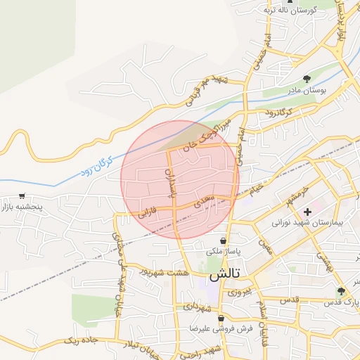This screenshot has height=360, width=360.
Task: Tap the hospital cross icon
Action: coord(307,211)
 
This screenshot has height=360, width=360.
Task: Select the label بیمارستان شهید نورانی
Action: coord(307,222)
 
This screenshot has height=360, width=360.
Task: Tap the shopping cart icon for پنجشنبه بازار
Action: coord(23,196)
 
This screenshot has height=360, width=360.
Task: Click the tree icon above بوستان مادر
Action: coord(306,79)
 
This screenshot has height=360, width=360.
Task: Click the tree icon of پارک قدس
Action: coord(341,291)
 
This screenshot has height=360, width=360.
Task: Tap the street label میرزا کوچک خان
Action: coord(208,136)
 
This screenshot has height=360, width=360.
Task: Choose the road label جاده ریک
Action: coord(79,340)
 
